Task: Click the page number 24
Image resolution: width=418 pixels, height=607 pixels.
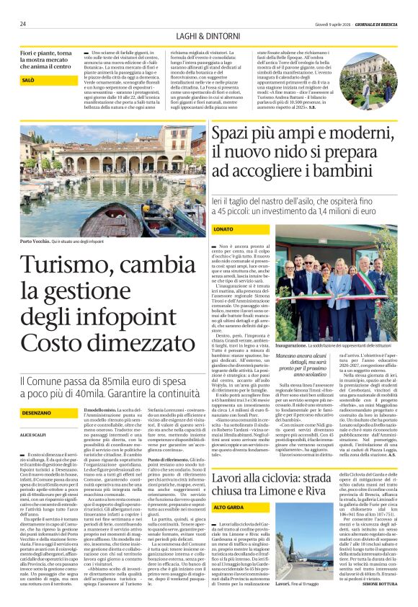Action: [23, 24]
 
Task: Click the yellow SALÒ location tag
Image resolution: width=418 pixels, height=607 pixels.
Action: [29, 80]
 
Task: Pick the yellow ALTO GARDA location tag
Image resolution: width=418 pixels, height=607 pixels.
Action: [228, 467]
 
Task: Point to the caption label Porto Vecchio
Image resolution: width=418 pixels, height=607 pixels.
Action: [36, 242]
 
